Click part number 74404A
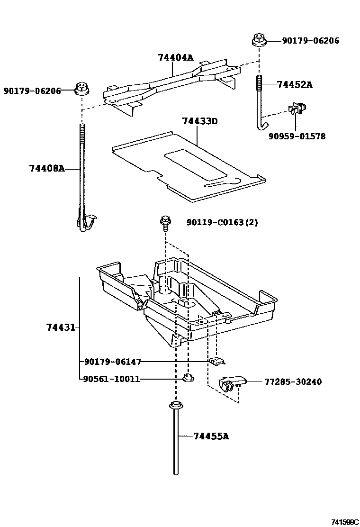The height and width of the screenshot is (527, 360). (176, 58)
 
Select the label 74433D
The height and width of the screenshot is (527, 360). (199, 121)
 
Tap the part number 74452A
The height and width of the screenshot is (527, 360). (295, 85)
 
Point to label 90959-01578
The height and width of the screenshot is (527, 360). (297, 136)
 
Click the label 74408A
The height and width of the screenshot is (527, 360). (46, 168)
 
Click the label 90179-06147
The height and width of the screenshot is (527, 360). (112, 362)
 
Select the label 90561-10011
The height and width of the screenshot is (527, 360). (111, 379)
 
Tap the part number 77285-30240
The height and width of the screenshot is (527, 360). (293, 382)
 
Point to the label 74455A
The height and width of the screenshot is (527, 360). (211, 436)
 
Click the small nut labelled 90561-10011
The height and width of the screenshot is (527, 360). (187, 379)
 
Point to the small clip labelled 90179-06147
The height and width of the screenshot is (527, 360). (216, 362)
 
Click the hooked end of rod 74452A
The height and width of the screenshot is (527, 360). (261, 125)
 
